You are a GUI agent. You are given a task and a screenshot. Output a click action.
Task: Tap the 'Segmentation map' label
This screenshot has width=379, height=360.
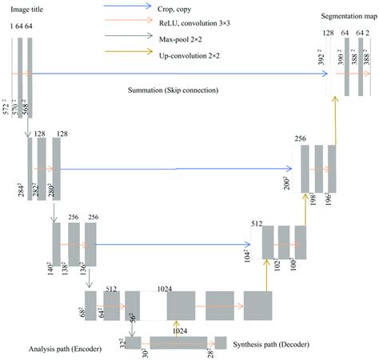346,15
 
